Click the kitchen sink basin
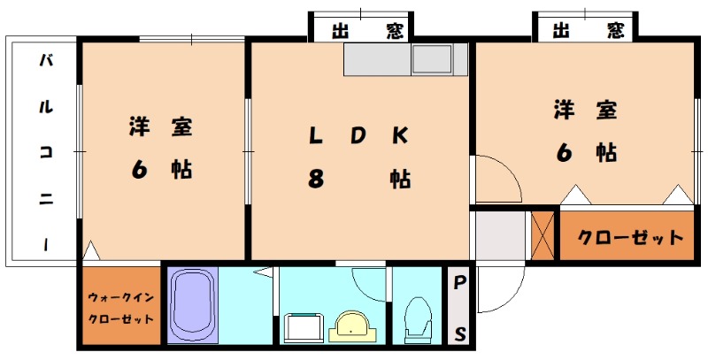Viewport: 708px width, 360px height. [432, 60]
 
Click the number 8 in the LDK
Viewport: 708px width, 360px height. [315, 179]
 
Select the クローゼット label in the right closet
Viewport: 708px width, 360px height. [630, 237]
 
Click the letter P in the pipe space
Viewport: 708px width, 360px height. [460, 284]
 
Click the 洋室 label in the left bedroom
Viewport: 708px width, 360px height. [160, 127]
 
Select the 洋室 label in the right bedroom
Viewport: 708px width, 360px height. [585, 111]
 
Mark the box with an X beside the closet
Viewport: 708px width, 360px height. [543, 234]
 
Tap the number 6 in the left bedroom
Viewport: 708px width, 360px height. [140, 168]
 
